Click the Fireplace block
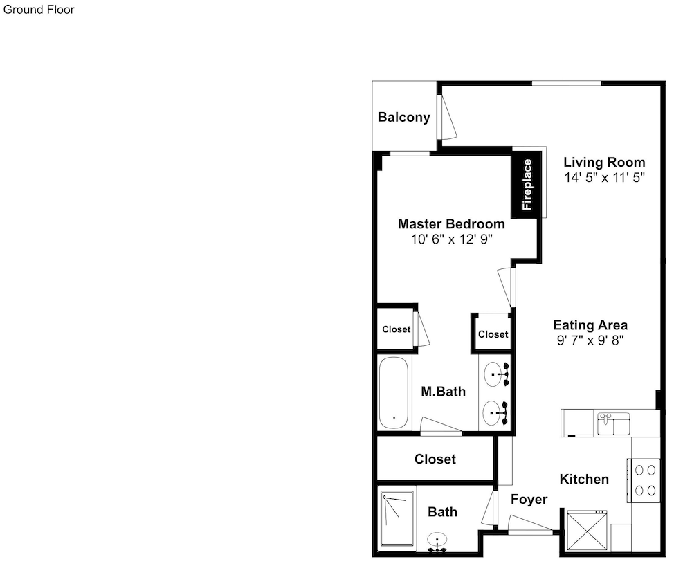tap(527, 184)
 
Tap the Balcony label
tap(404, 118)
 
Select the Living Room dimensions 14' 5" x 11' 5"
tap(604, 177)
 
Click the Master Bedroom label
tap(451, 223)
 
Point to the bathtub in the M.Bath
tap(394, 393)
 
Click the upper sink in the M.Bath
tap(496, 374)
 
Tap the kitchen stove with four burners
tap(644, 480)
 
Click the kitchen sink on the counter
tap(613, 423)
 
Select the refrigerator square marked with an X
tap(587, 531)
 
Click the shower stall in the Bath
tap(398, 518)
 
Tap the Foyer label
tap(529, 499)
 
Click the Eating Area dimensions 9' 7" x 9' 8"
tap(590, 340)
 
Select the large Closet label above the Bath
tap(435, 459)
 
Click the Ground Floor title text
tap(39, 10)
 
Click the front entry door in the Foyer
tap(530, 525)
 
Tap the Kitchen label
tap(584, 480)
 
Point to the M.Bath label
tap(443, 392)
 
